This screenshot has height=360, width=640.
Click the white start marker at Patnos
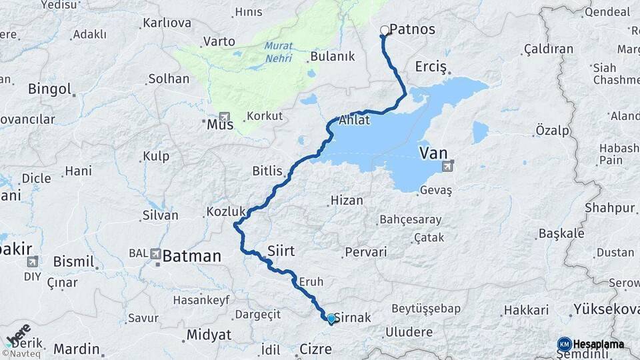(384, 30)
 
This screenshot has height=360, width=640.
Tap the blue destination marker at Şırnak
(331, 319)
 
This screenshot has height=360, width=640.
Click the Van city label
(433, 154)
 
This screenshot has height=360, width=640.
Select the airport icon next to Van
(453, 163)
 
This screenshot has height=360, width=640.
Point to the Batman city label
(191, 255)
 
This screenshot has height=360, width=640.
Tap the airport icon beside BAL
(155, 253)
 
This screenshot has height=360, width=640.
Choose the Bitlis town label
(268, 171)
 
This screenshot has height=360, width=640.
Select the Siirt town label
(280, 251)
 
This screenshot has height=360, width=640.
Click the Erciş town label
(429, 67)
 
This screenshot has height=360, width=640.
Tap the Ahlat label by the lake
(353, 121)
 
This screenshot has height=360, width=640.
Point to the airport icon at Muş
(223, 117)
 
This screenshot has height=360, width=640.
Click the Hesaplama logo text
(598, 344)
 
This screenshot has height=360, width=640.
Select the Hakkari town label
(526, 310)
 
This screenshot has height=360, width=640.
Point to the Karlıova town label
(167, 23)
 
